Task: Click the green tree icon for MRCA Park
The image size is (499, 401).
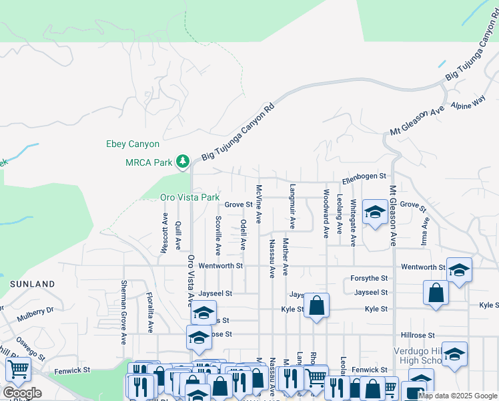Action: click(182, 162)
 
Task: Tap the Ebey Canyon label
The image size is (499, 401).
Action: click(133, 144)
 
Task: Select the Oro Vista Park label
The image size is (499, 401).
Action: click(189, 198)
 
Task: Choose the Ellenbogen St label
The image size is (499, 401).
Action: click(364, 176)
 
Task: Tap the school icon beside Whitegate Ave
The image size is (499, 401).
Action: click(374, 213)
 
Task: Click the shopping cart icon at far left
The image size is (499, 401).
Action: click(18, 369)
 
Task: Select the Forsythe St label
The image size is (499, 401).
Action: click(370, 278)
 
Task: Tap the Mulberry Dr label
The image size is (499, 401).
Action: click(41, 311)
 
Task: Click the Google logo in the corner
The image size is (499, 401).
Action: click(22, 393)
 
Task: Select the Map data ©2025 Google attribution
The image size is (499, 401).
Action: click(457, 396)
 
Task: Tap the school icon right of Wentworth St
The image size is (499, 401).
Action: click(458, 269)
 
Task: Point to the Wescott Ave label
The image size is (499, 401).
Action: click(164, 233)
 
